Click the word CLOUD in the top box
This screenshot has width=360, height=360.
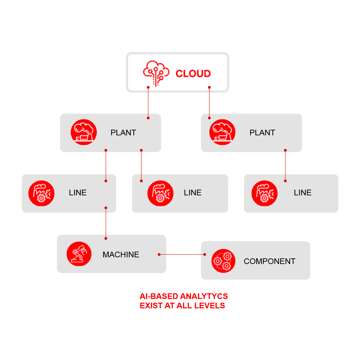(x=193, y=73)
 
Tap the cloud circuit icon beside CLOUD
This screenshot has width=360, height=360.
(x=156, y=73)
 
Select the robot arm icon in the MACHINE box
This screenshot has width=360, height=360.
(x=79, y=254)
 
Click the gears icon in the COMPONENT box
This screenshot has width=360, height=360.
(x=223, y=261)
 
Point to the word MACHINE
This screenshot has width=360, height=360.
(x=121, y=255)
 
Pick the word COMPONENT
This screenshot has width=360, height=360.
(x=270, y=261)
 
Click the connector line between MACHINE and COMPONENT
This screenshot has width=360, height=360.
(x=182, y=254)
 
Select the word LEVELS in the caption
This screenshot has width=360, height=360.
(x=210, y=306)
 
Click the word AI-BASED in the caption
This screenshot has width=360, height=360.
(x=159, y=296)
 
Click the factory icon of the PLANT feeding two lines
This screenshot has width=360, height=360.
(x=84, y=132)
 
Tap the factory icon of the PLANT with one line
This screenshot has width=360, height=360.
(x=222, y=132)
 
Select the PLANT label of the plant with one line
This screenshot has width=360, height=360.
(x=262, y=133)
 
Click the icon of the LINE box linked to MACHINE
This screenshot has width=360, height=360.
(x=41, y=193)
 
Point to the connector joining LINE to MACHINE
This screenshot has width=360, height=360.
(x=106, y=223)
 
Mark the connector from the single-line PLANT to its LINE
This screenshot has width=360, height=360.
(x=285, y=166)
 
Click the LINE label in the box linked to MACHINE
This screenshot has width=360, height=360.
(x=78, y=193)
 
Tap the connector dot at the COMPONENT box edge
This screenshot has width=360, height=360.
(x=205, y=254)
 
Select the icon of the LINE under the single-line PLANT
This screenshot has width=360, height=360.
(x=264, y=193)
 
